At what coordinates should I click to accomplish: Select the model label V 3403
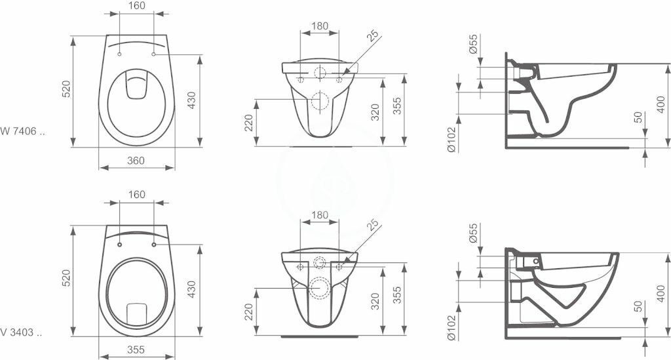pos(22,333)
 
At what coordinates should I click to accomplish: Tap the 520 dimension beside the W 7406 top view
pos(66,90)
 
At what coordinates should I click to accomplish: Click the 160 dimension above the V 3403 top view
pos(136,195)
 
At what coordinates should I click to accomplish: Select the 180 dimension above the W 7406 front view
pos(319,26)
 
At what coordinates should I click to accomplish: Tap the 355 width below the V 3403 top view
pos(136,350)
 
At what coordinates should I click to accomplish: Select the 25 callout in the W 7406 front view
pos(374,37)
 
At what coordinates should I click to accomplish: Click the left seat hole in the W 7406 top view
pos(120,54)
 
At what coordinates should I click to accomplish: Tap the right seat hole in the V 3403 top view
pos(153,245)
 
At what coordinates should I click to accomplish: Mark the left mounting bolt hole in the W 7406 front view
pos(301,79)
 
